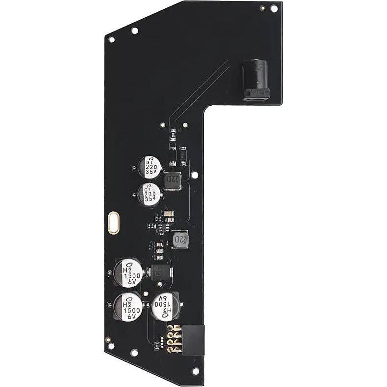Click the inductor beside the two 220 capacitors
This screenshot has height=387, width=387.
[173, 181]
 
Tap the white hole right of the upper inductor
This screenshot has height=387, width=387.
[195, 174]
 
